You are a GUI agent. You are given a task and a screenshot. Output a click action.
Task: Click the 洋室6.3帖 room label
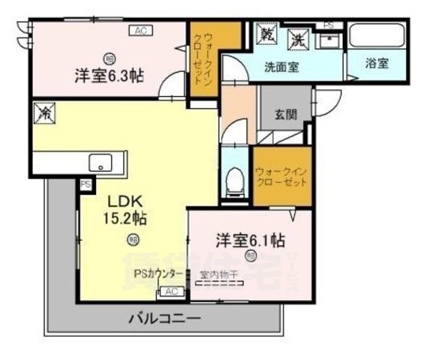click(x=110, y=76)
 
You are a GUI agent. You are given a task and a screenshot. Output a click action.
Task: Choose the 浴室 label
click(x=377, y=64)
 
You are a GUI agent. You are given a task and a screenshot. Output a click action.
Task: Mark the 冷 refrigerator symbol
click(x=45, y=114)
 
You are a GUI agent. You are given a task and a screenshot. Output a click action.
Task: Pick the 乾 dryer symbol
click(x=267, y=34)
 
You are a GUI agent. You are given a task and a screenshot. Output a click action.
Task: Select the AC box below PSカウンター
click(x=170, y=291)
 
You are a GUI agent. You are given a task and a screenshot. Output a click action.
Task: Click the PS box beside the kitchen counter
click(x=85, y=183)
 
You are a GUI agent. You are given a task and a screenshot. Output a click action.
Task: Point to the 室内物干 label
click(x=218, y=274)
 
